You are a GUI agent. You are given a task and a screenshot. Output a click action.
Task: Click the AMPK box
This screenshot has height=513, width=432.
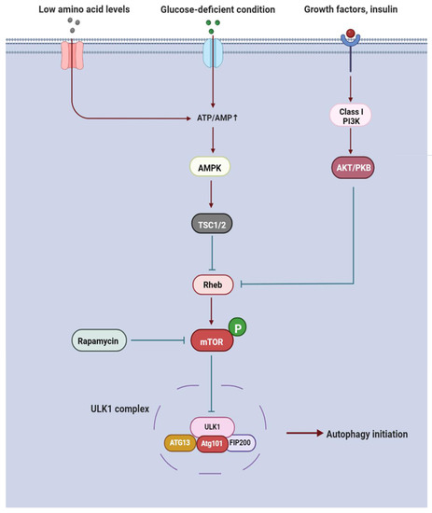point(215,168)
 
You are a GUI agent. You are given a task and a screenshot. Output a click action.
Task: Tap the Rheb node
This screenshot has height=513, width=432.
point(215,281)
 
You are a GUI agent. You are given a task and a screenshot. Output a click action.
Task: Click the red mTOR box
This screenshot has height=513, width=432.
point(215,343)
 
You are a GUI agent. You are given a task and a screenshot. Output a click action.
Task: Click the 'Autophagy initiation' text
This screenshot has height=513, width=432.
point(365,435)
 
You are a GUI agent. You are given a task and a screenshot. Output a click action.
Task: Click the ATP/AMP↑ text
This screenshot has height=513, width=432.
point(214,118)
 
